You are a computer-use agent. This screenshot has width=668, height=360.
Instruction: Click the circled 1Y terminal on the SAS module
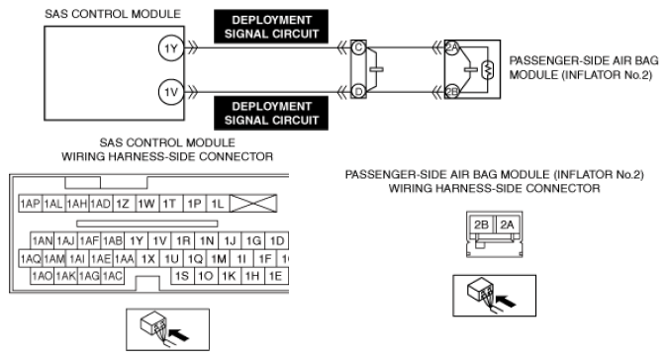pos(171,48)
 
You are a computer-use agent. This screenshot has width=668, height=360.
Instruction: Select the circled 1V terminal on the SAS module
pos(171,92)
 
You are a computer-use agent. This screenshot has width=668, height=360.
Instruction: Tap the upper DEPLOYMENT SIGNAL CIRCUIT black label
pos(271,27)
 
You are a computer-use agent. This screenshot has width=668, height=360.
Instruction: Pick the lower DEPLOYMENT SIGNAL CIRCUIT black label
pos(271,113)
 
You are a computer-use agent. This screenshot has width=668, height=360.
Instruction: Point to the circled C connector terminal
pos(358,47)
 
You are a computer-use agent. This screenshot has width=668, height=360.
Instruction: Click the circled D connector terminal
pos(358,92)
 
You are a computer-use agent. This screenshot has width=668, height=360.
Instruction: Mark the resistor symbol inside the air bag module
pos(487,70)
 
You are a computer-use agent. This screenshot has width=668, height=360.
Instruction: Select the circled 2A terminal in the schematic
pos(451,47)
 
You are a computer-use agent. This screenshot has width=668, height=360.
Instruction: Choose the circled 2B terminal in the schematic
pos(451,92)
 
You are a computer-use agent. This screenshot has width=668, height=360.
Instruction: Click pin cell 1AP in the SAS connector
pos(31,204)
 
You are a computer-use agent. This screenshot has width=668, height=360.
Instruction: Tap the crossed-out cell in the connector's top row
pos(253,204)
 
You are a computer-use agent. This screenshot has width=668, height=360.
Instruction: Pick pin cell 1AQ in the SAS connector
pos(31,258)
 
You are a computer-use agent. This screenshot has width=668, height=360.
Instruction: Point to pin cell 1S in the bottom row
pos(182,276)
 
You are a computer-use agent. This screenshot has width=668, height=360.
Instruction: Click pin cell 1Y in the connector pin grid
pos(137,241)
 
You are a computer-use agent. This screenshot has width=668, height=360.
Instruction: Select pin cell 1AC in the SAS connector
pos(113,276)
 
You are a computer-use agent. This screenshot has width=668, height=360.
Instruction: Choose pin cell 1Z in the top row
pos(123,204)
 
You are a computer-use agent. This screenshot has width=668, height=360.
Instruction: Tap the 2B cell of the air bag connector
pos(481,225)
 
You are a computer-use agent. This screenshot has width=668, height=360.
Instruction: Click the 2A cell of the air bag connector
pos(507,225)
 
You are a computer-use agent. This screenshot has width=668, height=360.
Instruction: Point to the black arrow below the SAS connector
pos(179,334)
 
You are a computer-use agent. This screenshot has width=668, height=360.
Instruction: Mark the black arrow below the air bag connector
pos(506,301)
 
